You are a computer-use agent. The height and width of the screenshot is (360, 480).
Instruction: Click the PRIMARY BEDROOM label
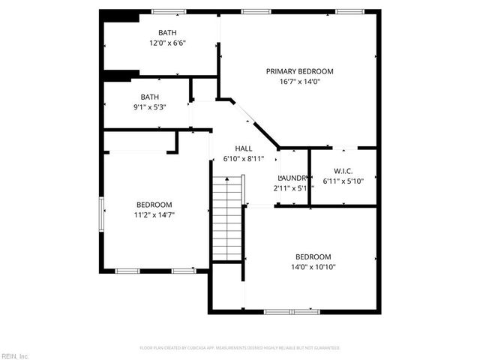click(x=299, y=71)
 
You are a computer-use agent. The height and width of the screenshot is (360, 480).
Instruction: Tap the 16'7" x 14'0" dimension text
click(x=299, y=82)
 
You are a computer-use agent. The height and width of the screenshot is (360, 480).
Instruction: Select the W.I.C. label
click(x=343, y=170)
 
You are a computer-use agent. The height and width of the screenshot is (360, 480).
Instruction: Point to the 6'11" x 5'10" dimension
click(x=343, y=181)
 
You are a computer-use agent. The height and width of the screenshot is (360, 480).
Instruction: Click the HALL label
click(x=243, y=148)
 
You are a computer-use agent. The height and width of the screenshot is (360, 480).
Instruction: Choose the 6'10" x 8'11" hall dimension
click(x=243, y=159)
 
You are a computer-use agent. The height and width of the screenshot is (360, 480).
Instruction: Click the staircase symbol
click(x=227, y=217)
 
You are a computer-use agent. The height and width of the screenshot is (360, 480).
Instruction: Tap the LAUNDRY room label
click(x=292, y=178)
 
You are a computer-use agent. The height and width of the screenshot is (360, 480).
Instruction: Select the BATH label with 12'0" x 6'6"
click(x=167, y=32)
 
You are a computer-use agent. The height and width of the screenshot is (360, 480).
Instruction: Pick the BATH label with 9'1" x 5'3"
click(x=150, y=97)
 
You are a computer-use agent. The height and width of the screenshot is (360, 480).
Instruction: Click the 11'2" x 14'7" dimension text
click(x=154, y=215)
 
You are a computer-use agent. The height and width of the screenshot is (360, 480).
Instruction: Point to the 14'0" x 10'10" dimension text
click(x=313, y=267)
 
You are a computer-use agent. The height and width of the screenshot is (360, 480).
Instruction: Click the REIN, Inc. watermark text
click(x=15, y=355)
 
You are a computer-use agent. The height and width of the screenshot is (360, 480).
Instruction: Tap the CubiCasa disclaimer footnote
click(x=240, y=348)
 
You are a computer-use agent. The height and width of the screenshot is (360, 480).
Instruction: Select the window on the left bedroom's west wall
click(x=102, y=212)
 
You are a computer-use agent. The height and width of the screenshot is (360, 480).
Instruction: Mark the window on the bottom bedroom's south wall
click(x=292, y=311)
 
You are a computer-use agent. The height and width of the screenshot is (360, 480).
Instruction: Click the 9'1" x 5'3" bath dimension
click(x=150, y=107)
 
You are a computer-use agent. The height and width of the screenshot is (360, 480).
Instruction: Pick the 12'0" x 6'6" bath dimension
click(x=167, y=43)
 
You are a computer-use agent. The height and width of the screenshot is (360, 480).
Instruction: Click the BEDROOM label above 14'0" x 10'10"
click(x=313, y=256)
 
